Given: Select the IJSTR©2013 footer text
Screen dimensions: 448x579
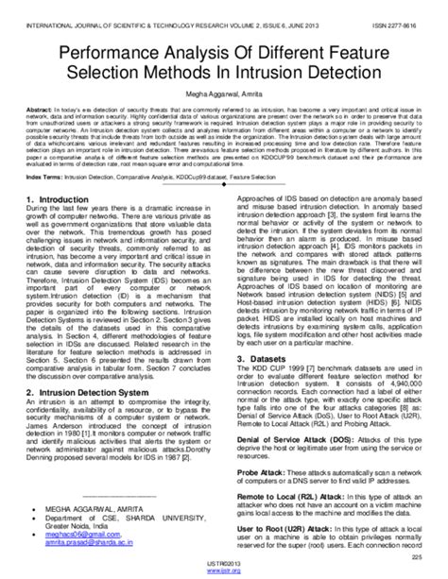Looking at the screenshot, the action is [x=224, y=565].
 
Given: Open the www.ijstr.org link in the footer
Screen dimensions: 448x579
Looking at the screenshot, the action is [x=224, y=572].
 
